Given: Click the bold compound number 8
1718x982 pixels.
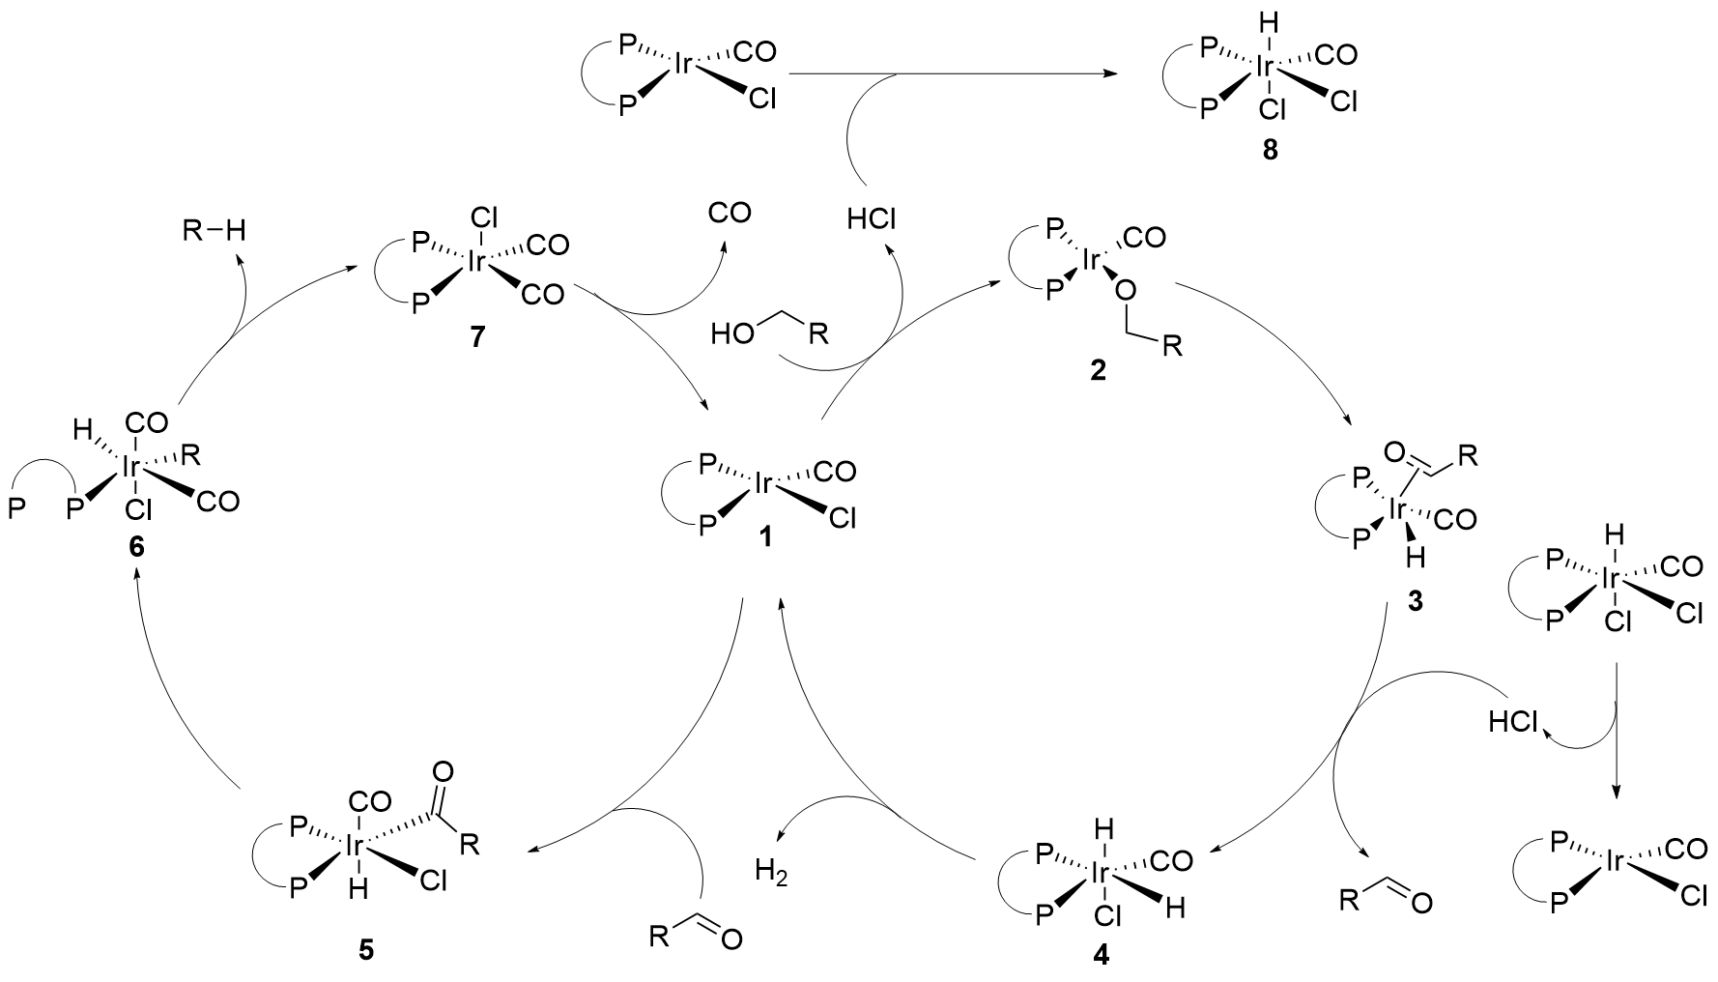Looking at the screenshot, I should (1270, 152).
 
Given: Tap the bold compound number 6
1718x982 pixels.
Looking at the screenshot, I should (134, 546).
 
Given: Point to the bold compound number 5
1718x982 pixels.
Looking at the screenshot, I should (364, 950).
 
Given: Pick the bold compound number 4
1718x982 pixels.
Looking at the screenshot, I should (1101, 954).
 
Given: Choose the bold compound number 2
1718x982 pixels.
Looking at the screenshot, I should (1099, 370).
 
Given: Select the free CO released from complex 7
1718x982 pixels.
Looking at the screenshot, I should (730, 212).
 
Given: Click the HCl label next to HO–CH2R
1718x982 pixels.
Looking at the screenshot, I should (871, 219).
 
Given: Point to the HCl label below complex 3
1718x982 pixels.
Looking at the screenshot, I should (1513, 722).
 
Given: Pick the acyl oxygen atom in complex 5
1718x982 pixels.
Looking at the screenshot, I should (444, 771).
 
